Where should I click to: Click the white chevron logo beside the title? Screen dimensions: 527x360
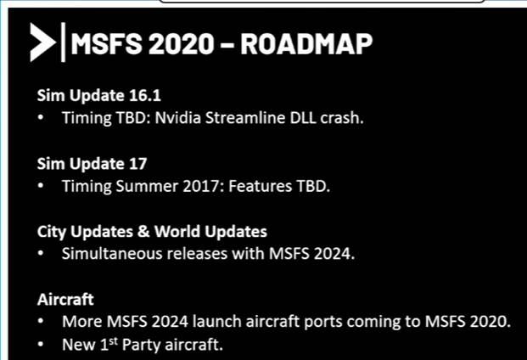pyautogui.click(x=42, y=42)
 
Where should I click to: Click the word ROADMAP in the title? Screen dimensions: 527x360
pyautogui.click(x=306, y=43)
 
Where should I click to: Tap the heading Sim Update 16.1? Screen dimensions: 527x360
pyautogui.click(x=98, y=96)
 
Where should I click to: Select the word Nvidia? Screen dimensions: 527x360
pyautogui.click(x=177, y=118)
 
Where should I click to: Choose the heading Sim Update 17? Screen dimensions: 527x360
pyautogui.click(x=93, y=164)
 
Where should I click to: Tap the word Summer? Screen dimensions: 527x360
pyautogui.click(x=147, y=186)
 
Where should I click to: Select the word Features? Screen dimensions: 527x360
pyautogui.click(x=260, y=186)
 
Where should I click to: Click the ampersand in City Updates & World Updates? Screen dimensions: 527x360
pyautogui.click(x=143, y=232)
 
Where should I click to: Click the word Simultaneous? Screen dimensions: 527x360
pyautogui.click(x=112, y=254)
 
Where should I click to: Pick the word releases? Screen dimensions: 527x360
pyautogui.click(x=197, y=254)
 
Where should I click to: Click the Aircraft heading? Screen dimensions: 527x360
pyautogui.click(x=65, y=300)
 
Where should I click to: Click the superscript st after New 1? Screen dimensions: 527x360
pyautogui.click(x=114, y=341)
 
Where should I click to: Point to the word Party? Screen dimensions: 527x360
pyautogui.click(x=141, y=345)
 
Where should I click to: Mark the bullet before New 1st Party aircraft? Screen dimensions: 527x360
pyautogui.click(x=41, y=345)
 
